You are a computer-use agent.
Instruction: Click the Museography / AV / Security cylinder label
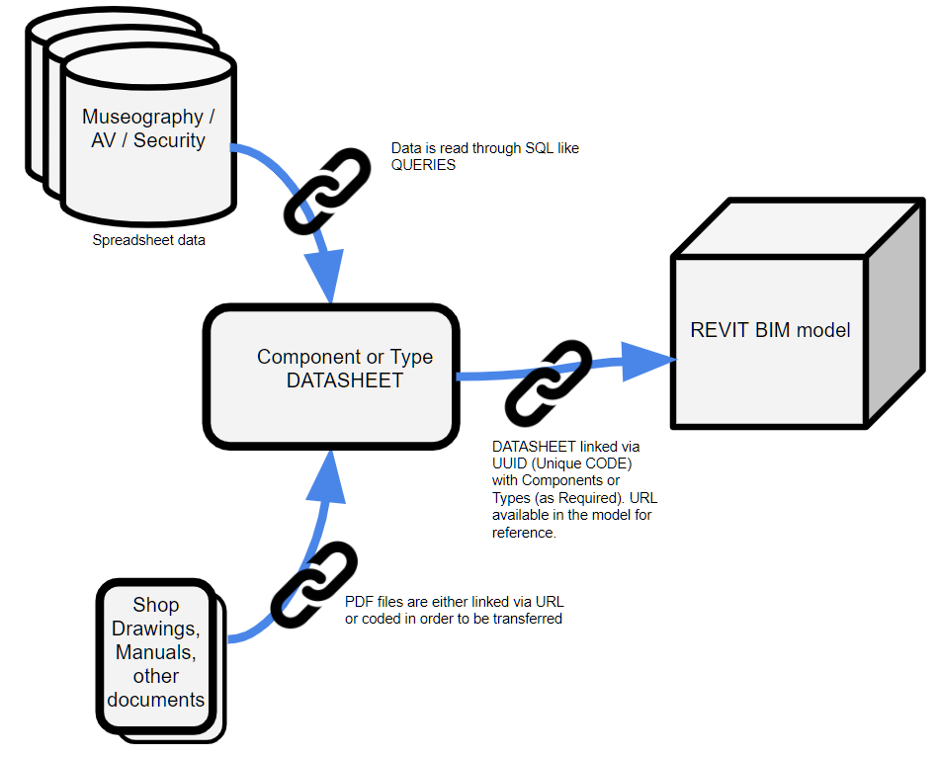tap(148, 128)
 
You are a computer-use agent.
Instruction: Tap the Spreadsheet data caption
tap(149, 240)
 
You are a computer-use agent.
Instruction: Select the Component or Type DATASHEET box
tap(331, 376)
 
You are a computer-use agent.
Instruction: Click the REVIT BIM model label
tap(770, 330)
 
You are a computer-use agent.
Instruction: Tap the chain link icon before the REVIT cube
tap(549, 380)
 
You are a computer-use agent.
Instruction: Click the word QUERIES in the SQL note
tap(424, 165)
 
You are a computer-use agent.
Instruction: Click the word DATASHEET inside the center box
tap(345, 380)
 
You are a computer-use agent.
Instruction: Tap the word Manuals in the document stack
tap(156, 652)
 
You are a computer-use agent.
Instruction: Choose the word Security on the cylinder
tap(169, 140)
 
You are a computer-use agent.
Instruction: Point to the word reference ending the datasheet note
tap(523, 533)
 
